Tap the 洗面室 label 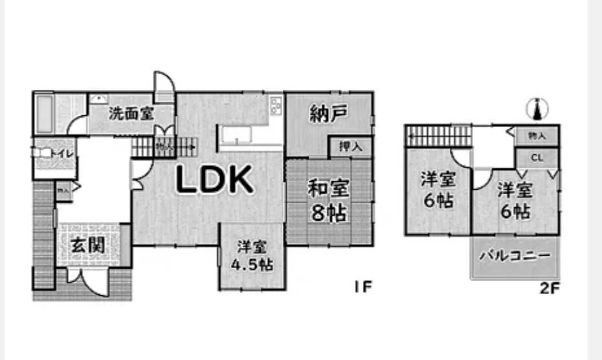pyautogui.click(x=131, y=113)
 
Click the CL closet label pyautogui.click(x=537, y=158)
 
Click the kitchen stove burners pyautogui.click(x=276, y=105)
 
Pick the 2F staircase pyautogui.click(x=437, y=135)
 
